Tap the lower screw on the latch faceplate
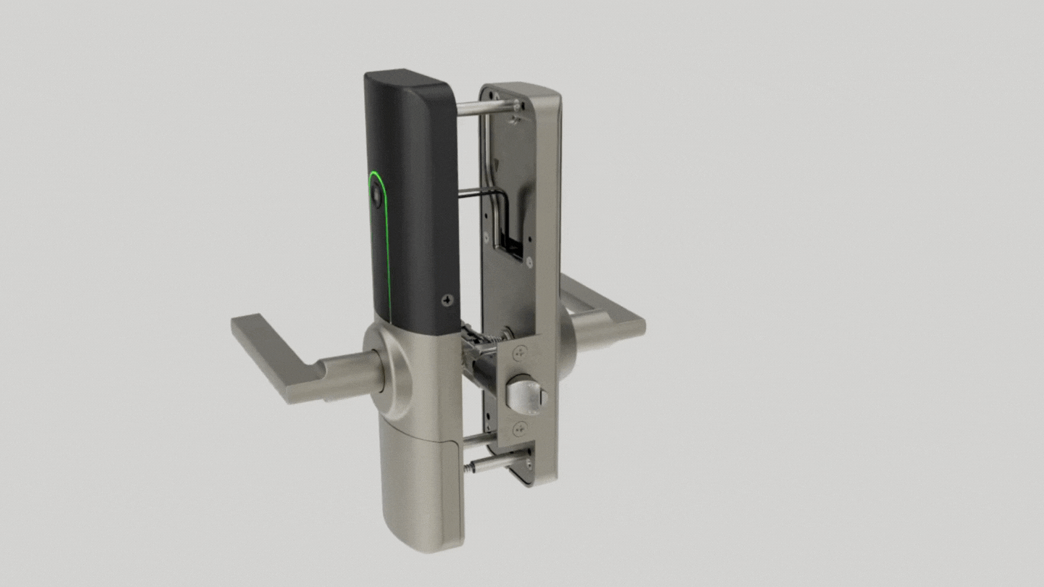[520, 430]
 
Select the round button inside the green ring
[376, 196]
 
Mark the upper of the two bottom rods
[478, 439]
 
